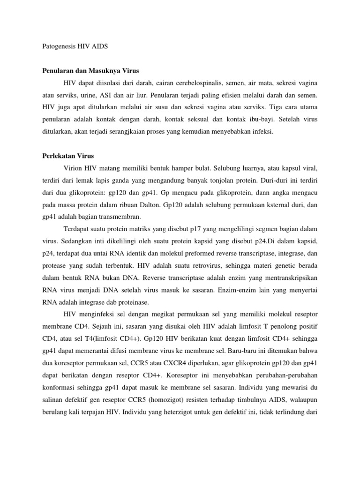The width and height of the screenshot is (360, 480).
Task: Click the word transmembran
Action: (112, 217)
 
